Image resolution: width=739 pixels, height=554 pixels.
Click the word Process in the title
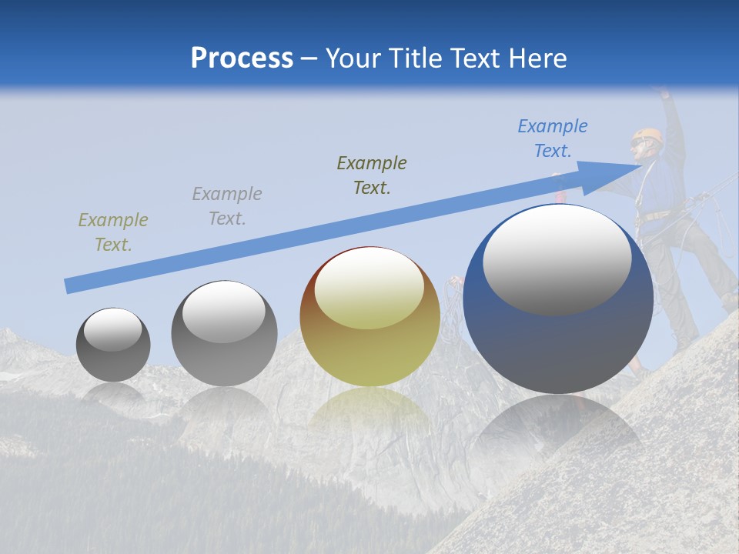[x=242, y=58]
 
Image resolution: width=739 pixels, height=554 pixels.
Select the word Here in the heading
[x=537, y=58]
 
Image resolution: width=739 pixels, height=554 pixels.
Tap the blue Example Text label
[x=552, y=138]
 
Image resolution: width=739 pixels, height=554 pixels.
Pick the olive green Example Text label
[x=112, y=232]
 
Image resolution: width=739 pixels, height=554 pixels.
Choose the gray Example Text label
[x=226, y=206]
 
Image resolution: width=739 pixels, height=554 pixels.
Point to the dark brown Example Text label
[x=371, y=175]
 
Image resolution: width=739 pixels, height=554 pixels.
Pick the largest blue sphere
[x=558, y=339]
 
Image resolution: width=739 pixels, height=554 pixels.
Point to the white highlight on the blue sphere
[x=557, y=259]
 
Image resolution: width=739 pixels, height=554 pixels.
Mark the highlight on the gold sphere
[x=369, y=287]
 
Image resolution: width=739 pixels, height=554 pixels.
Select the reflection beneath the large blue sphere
[x=558, y=431]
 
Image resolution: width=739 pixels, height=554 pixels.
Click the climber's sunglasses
[x=638, y=143]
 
